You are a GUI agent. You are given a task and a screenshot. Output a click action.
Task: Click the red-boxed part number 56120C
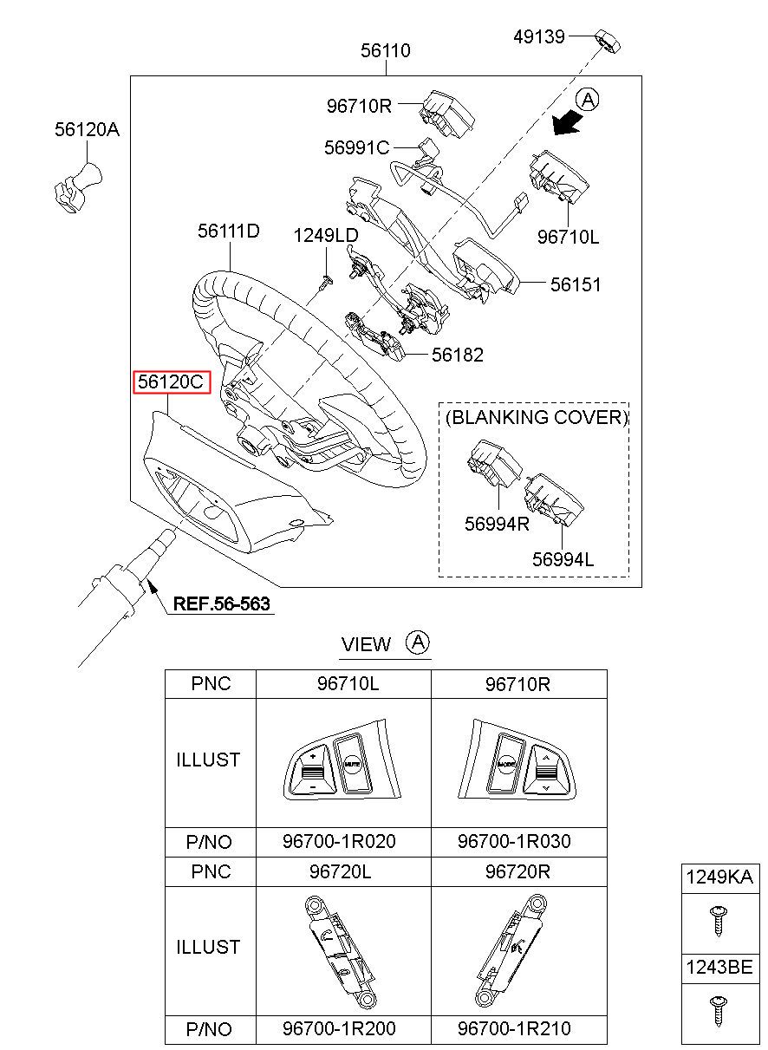[171, 382]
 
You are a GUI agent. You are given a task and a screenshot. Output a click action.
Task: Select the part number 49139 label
[538, 36]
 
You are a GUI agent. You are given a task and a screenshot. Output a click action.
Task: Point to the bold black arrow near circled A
[567, 125]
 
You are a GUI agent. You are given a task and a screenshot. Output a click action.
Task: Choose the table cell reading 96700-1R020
[339, 841]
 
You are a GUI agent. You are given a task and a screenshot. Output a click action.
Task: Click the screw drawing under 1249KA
[719, 919]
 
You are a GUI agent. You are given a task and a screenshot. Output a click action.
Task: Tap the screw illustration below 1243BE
[719, 1010]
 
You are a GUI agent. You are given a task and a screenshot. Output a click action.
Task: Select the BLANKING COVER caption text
[536, 417]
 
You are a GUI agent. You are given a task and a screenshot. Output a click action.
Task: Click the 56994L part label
[563, 560]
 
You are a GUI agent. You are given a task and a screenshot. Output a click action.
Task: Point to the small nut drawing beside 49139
[609, 41]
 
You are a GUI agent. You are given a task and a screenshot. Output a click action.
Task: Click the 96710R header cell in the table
[517, 684]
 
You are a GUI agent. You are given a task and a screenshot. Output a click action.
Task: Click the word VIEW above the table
[366, 644]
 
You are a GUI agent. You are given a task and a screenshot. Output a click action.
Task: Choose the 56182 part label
[458, 355]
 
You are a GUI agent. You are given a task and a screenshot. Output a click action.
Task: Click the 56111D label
[229, 232]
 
